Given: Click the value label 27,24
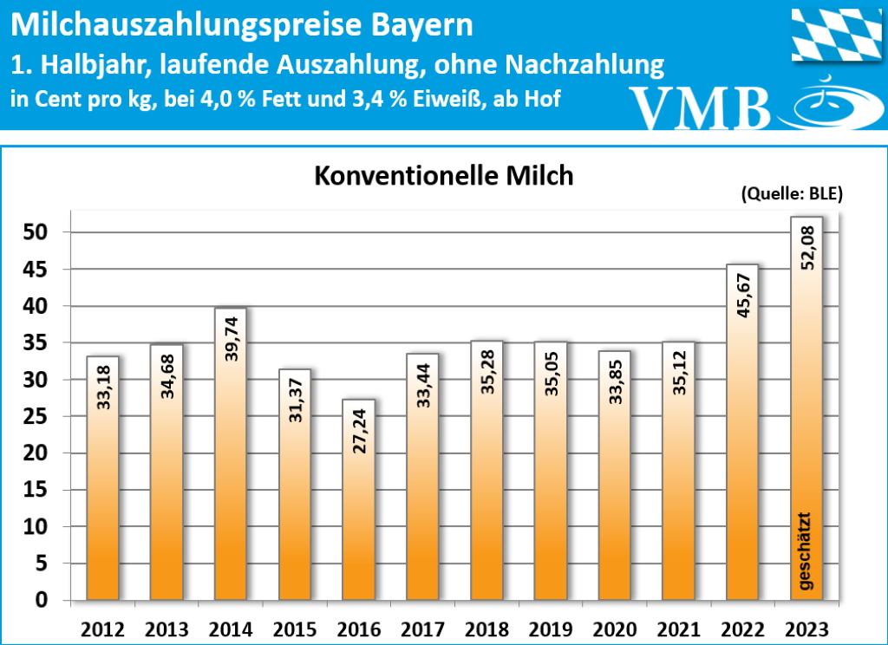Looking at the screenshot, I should (359, 430).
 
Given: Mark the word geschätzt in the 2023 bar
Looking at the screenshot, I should (807, 551).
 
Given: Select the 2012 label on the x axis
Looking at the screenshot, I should (103, 629).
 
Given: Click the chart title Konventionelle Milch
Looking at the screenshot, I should (443, 176).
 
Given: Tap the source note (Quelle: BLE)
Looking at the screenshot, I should (792, 195).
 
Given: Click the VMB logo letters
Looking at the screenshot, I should (701, 107).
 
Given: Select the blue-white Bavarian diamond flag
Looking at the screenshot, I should (833, 34).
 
